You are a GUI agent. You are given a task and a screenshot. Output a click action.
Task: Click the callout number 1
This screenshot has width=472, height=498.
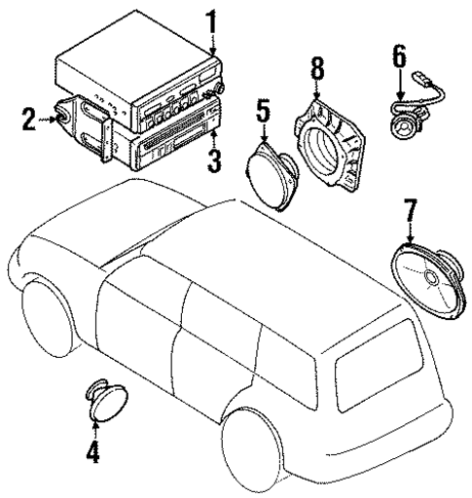point(211,20)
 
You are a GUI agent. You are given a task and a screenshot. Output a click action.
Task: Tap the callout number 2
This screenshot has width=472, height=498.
point(29,121)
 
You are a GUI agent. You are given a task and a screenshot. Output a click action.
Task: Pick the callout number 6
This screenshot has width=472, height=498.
point(398,57)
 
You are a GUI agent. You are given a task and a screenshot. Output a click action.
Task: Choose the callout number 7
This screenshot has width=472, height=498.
point(410,211)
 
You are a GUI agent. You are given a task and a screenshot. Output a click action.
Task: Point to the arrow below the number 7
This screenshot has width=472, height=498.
point(410,237)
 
